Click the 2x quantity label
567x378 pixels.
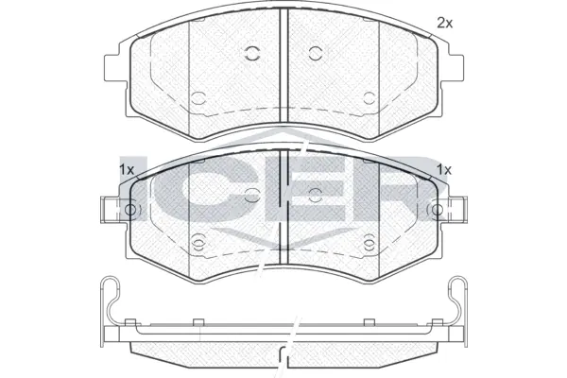pos(445,23)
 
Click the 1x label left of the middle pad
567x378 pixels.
pos(127,169)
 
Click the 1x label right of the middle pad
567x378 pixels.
pos(444,169)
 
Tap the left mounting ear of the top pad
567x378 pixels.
pos(116,68)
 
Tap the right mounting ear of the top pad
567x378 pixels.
pos(452,68)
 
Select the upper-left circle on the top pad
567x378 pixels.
pos(252,54)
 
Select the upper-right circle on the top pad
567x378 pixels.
pos(316,54)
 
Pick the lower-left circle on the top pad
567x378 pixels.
pos(198,98)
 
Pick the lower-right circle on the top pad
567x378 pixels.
pos(369,98)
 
